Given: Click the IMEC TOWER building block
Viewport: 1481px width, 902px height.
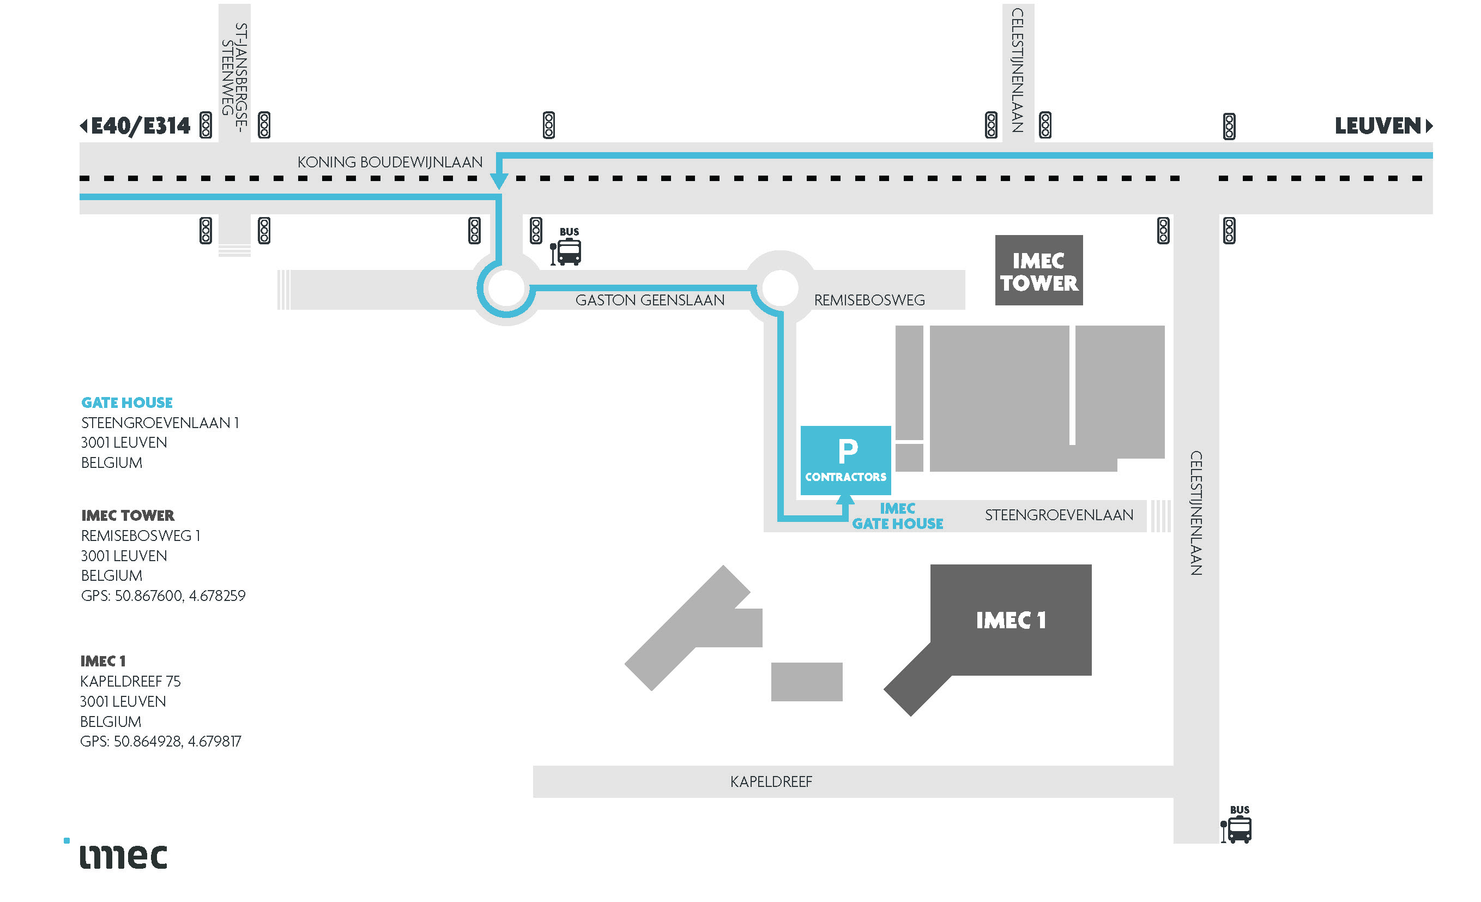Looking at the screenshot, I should (1038, 270).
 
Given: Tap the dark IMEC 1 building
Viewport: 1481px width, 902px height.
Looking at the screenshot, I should (1011, 620).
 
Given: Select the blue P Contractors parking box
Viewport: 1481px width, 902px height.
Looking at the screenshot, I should (845, 460).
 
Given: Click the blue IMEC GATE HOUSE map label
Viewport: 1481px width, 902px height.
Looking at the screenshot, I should (897, 516).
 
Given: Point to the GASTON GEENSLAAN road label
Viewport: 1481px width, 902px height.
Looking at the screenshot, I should (649, 300).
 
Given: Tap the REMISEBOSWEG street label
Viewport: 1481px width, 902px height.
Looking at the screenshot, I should (868, 300).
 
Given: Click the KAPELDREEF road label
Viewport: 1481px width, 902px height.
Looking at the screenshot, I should (771, 781).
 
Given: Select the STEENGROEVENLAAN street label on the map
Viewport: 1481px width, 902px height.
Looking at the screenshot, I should (1059, 515).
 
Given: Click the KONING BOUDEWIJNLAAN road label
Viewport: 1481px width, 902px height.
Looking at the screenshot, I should (390, 163).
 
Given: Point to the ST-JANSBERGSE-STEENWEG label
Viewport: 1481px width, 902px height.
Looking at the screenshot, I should (234, 69).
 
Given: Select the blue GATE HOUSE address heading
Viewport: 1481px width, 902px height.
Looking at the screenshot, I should (127, 402).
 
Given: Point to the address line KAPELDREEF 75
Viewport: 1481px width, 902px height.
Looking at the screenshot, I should (130, 681).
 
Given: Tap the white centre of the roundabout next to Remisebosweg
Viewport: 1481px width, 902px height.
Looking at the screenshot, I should (779, 287).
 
